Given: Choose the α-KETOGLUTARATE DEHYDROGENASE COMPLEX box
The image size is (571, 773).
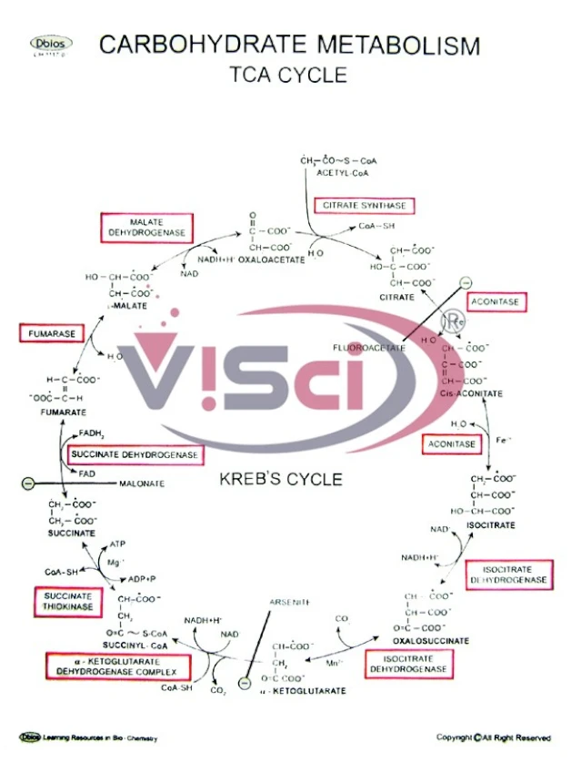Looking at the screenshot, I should click(x=117, y=666).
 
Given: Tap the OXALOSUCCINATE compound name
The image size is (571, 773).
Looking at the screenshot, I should click(x=432, y=641).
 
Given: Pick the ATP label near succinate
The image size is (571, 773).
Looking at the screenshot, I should click(x=115, y=544).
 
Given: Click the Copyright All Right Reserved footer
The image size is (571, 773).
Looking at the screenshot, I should click(x=492, y=737).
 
